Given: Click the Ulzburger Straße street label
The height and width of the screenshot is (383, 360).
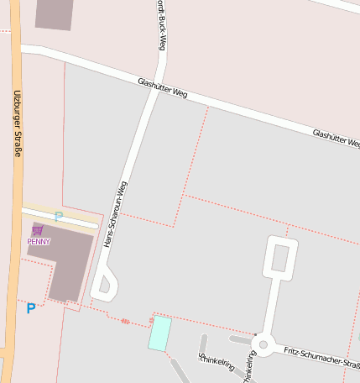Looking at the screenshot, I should [15, 123].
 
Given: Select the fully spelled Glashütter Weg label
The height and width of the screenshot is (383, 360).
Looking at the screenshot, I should [163, 88].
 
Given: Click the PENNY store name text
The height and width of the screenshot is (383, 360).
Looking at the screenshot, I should [39, 242].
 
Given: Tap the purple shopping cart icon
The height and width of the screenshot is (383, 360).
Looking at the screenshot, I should [37, 230].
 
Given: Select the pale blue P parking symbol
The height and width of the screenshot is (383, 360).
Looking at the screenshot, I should [59, 217].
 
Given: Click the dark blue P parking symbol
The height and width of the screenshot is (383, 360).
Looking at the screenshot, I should [31, 308].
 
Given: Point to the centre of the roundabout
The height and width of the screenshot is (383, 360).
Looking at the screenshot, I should [263, 344].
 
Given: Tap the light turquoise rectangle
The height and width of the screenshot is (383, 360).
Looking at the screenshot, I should [159, 333].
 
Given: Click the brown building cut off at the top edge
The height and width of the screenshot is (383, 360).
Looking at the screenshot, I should [55, 13].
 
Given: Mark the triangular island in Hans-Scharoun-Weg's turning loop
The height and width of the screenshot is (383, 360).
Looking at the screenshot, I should [105, 286].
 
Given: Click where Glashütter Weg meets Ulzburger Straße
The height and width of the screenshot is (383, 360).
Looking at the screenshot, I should [18, 50].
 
